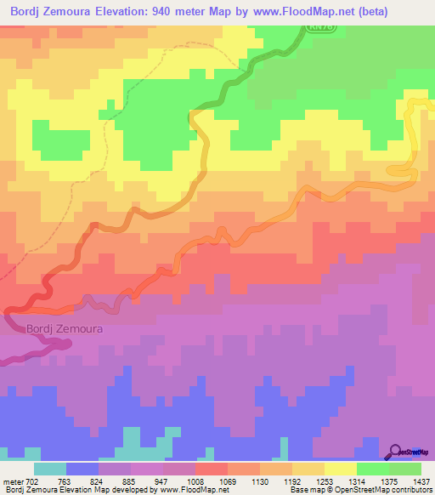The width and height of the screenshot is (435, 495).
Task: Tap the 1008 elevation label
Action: pos(196,481)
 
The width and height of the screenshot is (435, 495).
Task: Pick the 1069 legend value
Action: pos(229,481)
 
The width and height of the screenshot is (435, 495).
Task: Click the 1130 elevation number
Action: pos(261,481)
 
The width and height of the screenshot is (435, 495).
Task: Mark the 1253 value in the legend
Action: pos(325,481)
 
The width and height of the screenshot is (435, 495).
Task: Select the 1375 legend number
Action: pos(390,481)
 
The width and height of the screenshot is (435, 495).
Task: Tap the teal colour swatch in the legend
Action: pos(50,469)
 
